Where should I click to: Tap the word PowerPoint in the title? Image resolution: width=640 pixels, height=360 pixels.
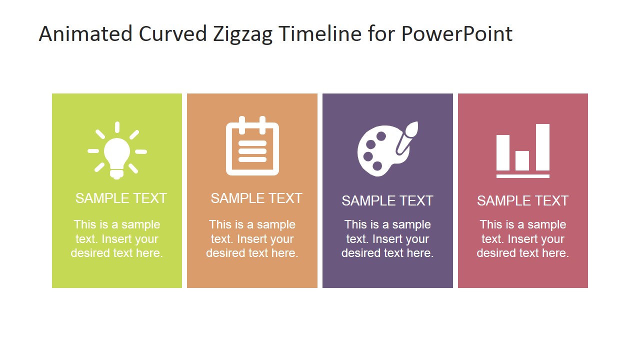457,34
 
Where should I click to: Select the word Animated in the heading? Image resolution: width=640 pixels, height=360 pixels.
85,34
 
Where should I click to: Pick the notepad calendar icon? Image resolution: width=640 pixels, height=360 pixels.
252,147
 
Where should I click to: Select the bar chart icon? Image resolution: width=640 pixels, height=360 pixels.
523,150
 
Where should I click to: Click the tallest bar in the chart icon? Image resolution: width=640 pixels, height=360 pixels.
542,147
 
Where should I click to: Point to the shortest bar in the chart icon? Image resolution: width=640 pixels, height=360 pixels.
522,160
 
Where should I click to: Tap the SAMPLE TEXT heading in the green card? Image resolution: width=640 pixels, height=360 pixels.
121,198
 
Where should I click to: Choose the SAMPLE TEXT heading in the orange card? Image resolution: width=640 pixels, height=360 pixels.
256,198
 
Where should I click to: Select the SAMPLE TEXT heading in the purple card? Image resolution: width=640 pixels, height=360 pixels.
387,200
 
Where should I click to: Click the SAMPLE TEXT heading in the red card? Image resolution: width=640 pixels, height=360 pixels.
522,200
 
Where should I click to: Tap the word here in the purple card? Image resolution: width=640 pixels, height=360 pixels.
420,253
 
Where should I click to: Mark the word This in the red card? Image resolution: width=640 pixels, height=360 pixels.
491,224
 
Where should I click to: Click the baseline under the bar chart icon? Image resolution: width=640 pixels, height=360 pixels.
523,176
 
